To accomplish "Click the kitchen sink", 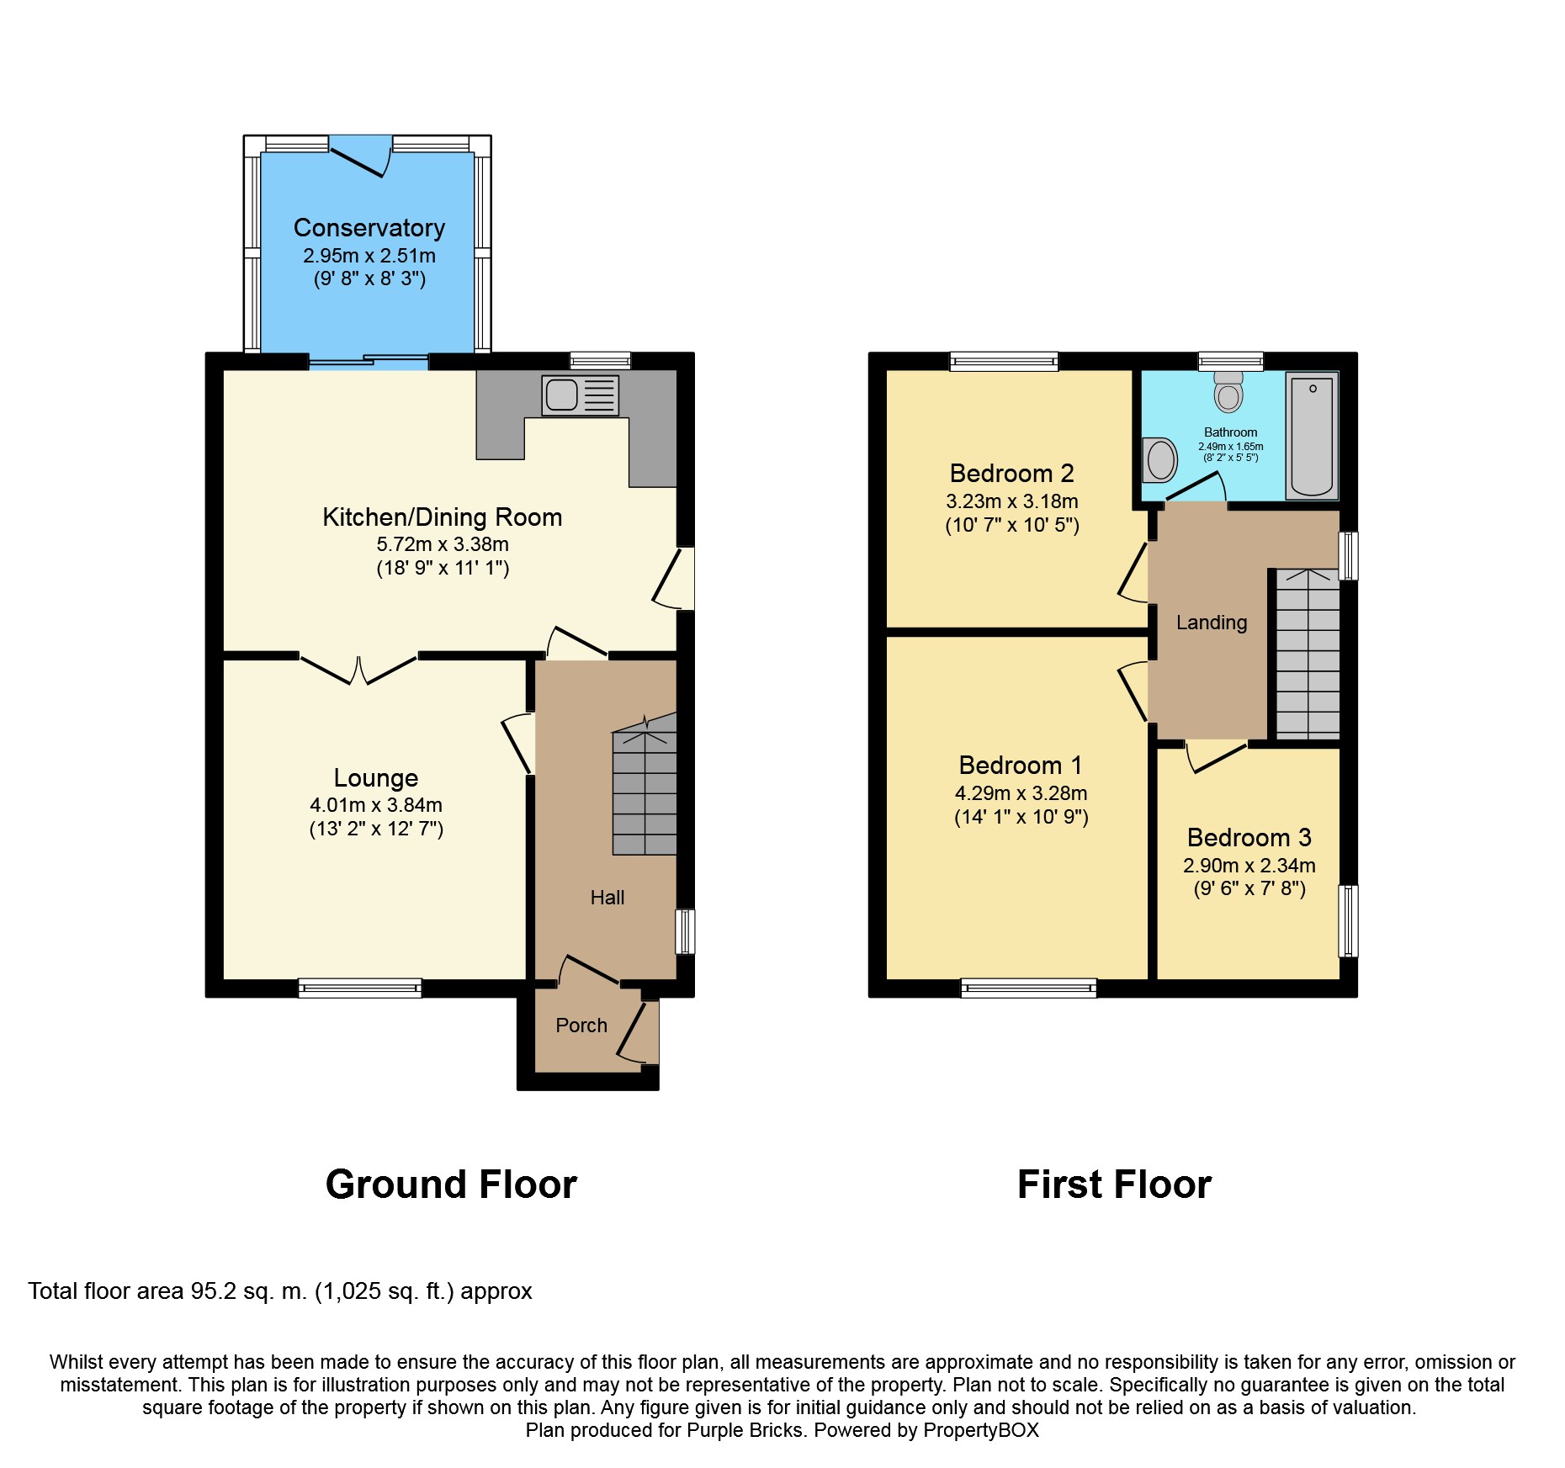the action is [x=581, y=395].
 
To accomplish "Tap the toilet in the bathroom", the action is [x=1229, y=391].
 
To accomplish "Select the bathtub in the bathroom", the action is [x=1312, y=436].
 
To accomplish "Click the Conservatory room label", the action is [x=369, y=228].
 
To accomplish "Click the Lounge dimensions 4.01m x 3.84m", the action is [x=376, y=805].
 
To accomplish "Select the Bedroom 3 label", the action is [x=1249, y=838].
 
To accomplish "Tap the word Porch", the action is [x=581, y=1025].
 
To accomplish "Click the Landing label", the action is [x=1212, y=623].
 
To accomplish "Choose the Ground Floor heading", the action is [x=451, y=1184].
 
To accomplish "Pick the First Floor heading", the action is [x=1114, y=1184].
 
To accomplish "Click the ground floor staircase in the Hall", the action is [x=645, y=785].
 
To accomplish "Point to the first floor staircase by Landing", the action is [x=1308, y=655].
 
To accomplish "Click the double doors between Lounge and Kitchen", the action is [x=359, y=670].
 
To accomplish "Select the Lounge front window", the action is [x=360, y=988].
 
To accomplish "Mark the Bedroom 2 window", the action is [x=1004, y=361].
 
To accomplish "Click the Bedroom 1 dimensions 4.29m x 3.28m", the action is [x=1021, y=793].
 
